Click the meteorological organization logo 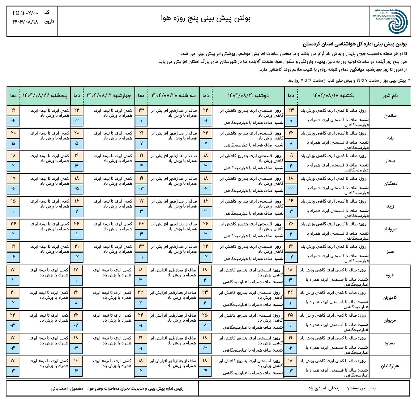coord(390,21)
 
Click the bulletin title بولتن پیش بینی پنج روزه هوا coord(206,18)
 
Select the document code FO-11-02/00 coord(25,13)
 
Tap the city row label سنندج coord(390,116)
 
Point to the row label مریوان coord(389,321)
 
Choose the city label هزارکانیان coord(389,366)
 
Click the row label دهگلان coord(390,184)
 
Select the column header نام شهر coord(390,96)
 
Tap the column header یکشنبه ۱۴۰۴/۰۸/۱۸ coord(334,96)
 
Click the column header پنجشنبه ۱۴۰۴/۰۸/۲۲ coord(45,96)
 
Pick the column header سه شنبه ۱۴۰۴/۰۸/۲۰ coord(173,96)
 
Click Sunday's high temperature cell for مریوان coord(290,315)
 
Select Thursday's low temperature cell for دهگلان coord(13,189)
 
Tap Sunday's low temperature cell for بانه coord(291,143)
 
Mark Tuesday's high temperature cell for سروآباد coord(141,224)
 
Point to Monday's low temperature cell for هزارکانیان coord(205,371)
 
